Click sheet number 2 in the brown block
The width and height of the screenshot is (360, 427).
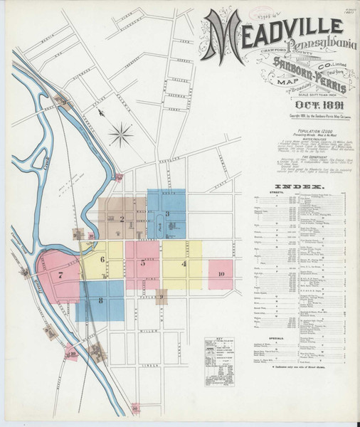(x=122, y=219)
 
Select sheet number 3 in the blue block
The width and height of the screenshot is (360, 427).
(x=167, y=213)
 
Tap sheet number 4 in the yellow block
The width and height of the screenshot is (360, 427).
(x=184, y=264)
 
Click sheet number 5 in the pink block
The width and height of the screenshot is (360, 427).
(x=143, y=264)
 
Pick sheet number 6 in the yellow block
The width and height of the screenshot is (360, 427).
(x=102, y=260)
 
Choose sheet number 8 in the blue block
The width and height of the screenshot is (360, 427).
(x=100, y=300)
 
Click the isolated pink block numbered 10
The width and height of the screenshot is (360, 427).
(x=221, y=274)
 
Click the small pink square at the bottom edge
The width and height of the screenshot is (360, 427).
(x=135, y=407)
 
